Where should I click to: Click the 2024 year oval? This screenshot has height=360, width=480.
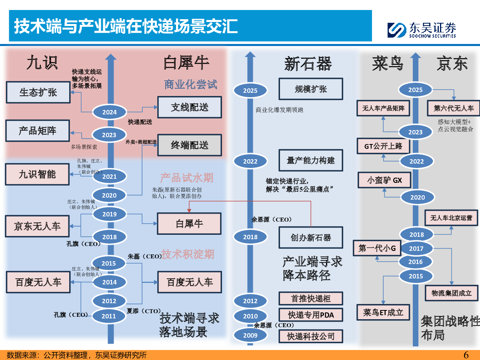pyautogui.click(x=109, y=112)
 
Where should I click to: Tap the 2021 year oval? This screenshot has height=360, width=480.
pyautogui.click(x=109, y=176)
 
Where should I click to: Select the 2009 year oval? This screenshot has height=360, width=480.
pyautogui.click(x=250, y=335)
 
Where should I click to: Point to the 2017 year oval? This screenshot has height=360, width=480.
pyautogui.click(x=416, y=248)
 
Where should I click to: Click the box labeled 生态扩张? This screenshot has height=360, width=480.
pyautogui.click(x=38, y=92)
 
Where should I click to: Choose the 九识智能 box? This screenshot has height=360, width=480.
pyautogui.click(x=37, y=174)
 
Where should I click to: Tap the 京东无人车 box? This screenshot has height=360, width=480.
pyautogui.click(x=37, y=226)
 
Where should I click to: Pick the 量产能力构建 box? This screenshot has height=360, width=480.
pyautogui.click(x=311, y=160)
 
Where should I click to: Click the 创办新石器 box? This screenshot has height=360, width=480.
pyautogui.click(x=311, y=238)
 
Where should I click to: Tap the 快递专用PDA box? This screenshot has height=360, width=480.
pyautogui.click(x=311, y=315)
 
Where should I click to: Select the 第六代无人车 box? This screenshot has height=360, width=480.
pyautogui.click(x=454, y=108)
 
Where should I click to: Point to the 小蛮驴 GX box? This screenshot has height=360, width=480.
pyautogui.click(x=384, y=180)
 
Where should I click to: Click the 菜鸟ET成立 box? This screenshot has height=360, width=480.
pyautogui.click(x=383, y=312)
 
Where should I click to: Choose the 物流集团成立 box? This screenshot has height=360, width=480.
pyautogui.click(x=452, y=292)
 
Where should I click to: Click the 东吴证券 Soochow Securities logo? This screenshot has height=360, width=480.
pyautogui.click(x=422, y=30)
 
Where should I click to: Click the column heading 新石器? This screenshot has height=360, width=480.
pyautogui.click(x=308, y=64)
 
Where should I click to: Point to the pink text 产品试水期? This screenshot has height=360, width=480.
pyautogui.click(x=186, y=178)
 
